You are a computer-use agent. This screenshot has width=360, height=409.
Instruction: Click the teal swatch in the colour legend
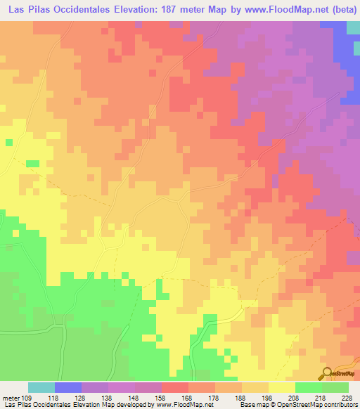[41, 387]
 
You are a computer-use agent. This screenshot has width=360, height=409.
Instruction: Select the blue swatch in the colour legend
[67, 387]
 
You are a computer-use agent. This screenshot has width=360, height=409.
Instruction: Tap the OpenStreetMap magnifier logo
[328, 373]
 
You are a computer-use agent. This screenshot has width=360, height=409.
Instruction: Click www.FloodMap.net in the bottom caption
[172, 405]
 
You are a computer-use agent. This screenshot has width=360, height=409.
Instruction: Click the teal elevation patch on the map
[353, 28]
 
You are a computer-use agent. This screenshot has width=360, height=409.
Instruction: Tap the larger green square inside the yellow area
[32, 164]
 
